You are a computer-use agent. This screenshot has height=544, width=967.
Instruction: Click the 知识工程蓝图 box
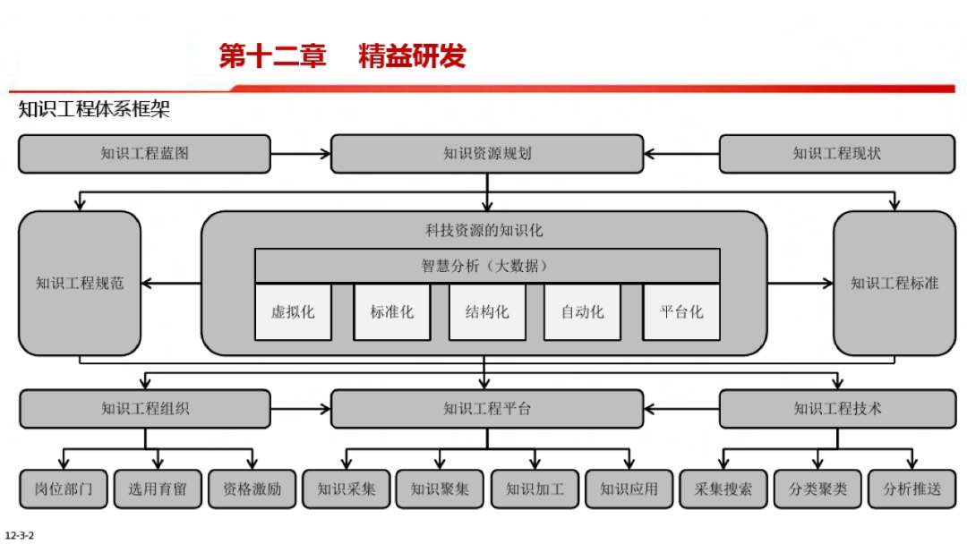click(144, 154)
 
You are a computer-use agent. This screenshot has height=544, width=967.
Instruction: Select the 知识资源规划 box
click(487, 154)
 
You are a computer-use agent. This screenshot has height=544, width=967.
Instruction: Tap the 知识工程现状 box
click(836, 154)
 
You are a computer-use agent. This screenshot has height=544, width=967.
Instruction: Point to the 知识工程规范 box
click(80, 284)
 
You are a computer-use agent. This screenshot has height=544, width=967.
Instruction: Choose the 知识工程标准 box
click(894, 284)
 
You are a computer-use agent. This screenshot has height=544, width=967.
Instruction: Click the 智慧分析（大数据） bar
click(487, 266)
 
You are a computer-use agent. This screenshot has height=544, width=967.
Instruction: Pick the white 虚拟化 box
click(293, 312)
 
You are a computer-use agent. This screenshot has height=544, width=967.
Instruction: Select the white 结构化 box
click(487, 312)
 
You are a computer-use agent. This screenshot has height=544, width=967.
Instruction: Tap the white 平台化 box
click(681, 312)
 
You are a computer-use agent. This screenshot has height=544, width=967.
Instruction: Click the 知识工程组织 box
click(145, 409)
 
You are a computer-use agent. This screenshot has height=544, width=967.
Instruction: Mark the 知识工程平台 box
click(487, 409)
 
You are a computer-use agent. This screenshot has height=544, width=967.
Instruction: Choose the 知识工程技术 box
click(836, 409)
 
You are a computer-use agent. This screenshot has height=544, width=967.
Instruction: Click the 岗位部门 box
click(64, 489)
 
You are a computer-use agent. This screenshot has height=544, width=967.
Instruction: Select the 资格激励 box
click(252, 489)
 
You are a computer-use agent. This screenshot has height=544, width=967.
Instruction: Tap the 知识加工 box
click(535, 489)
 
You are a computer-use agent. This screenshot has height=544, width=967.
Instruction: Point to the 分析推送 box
click(911, 489)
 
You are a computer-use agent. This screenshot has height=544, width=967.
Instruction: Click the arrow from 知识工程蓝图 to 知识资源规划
click(301, 154)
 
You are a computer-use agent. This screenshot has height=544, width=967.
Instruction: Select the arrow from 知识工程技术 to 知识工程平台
click(681, 409)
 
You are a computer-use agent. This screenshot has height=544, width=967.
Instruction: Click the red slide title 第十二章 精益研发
click(343, 55)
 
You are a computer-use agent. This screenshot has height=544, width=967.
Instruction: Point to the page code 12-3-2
click(19, 535)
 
